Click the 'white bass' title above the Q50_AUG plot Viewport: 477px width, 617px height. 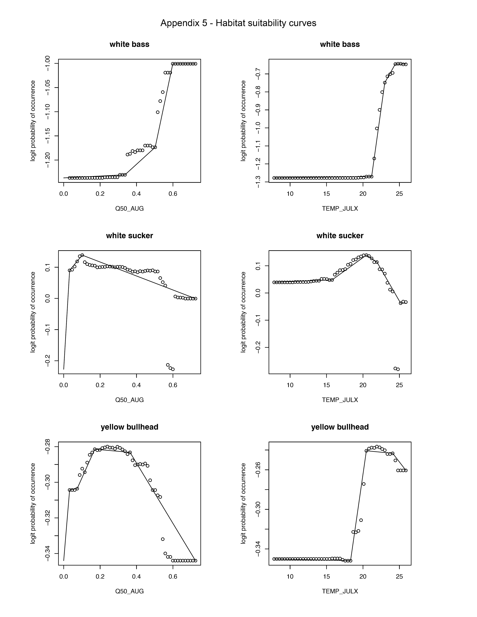[129, 44]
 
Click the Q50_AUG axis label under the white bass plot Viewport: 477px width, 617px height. [129, 209]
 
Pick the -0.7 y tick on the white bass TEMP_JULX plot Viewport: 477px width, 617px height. [258, 74]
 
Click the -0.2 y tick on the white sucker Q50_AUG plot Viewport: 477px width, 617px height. [48, 361]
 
